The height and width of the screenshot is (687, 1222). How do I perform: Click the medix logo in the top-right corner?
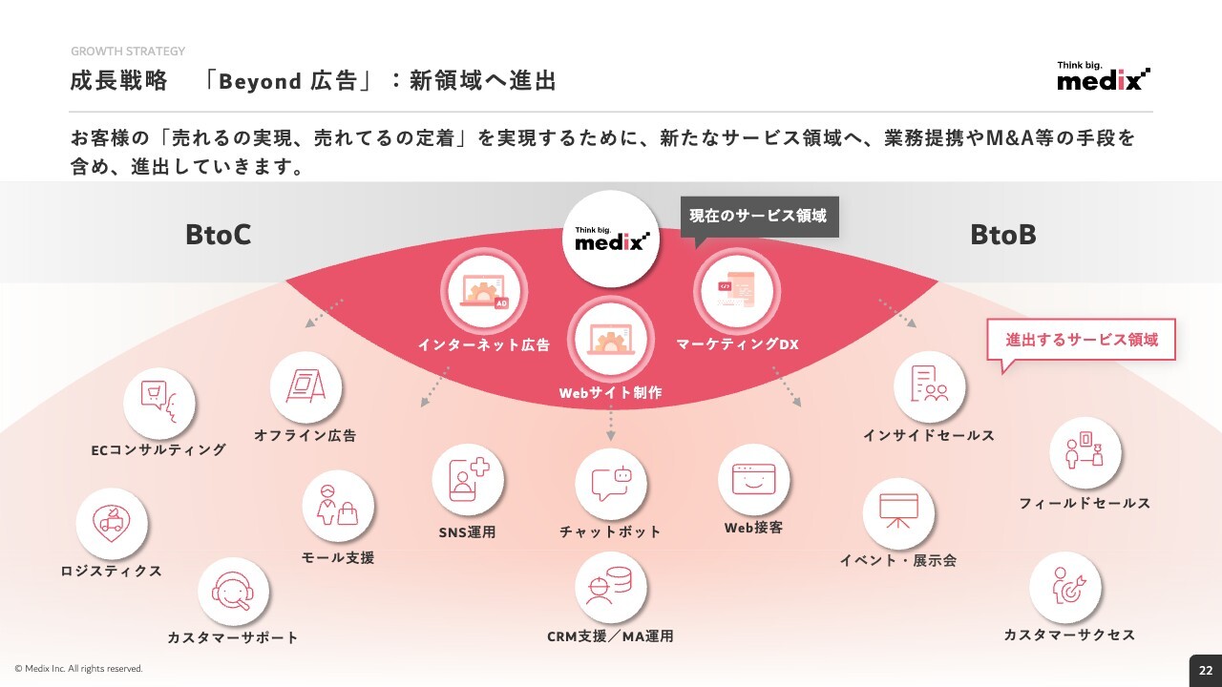click(x=1104, y=75)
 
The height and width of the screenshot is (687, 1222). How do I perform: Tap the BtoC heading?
click(x=219, y=235)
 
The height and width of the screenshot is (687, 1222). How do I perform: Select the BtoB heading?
click(x=1002, y=235)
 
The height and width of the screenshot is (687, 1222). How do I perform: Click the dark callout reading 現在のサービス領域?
click(x=759, y=217)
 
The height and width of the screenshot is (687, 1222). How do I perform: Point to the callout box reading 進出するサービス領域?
click(x=1082, y=340)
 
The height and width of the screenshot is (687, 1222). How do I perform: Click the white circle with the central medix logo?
click(x=611, y=239)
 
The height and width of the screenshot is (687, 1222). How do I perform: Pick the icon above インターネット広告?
click(x=484, y=292)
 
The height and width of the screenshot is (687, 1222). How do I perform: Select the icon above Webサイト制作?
click(x=611, y=339)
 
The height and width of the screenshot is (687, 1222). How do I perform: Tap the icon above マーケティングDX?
click(x=737, y=291)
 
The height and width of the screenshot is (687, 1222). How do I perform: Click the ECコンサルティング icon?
click(x=158, y=404)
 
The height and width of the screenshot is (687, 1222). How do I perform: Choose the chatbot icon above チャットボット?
click(x=611, y=484)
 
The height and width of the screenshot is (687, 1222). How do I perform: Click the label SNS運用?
click(x=468, y=531)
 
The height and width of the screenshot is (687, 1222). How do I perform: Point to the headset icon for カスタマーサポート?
click(x=233, y=593)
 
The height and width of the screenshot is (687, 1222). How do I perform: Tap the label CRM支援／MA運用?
click(x=610, y=636)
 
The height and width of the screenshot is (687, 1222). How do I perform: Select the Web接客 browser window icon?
click(x=753, y=480)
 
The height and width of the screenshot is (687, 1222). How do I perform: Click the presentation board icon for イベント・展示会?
click(x=898, y=513)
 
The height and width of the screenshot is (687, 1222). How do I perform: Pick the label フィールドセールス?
click(x=1085, y=503)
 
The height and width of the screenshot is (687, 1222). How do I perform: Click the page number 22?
click(x=1206, y=671)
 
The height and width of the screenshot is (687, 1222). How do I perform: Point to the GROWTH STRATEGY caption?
click(x=128, y=52)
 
